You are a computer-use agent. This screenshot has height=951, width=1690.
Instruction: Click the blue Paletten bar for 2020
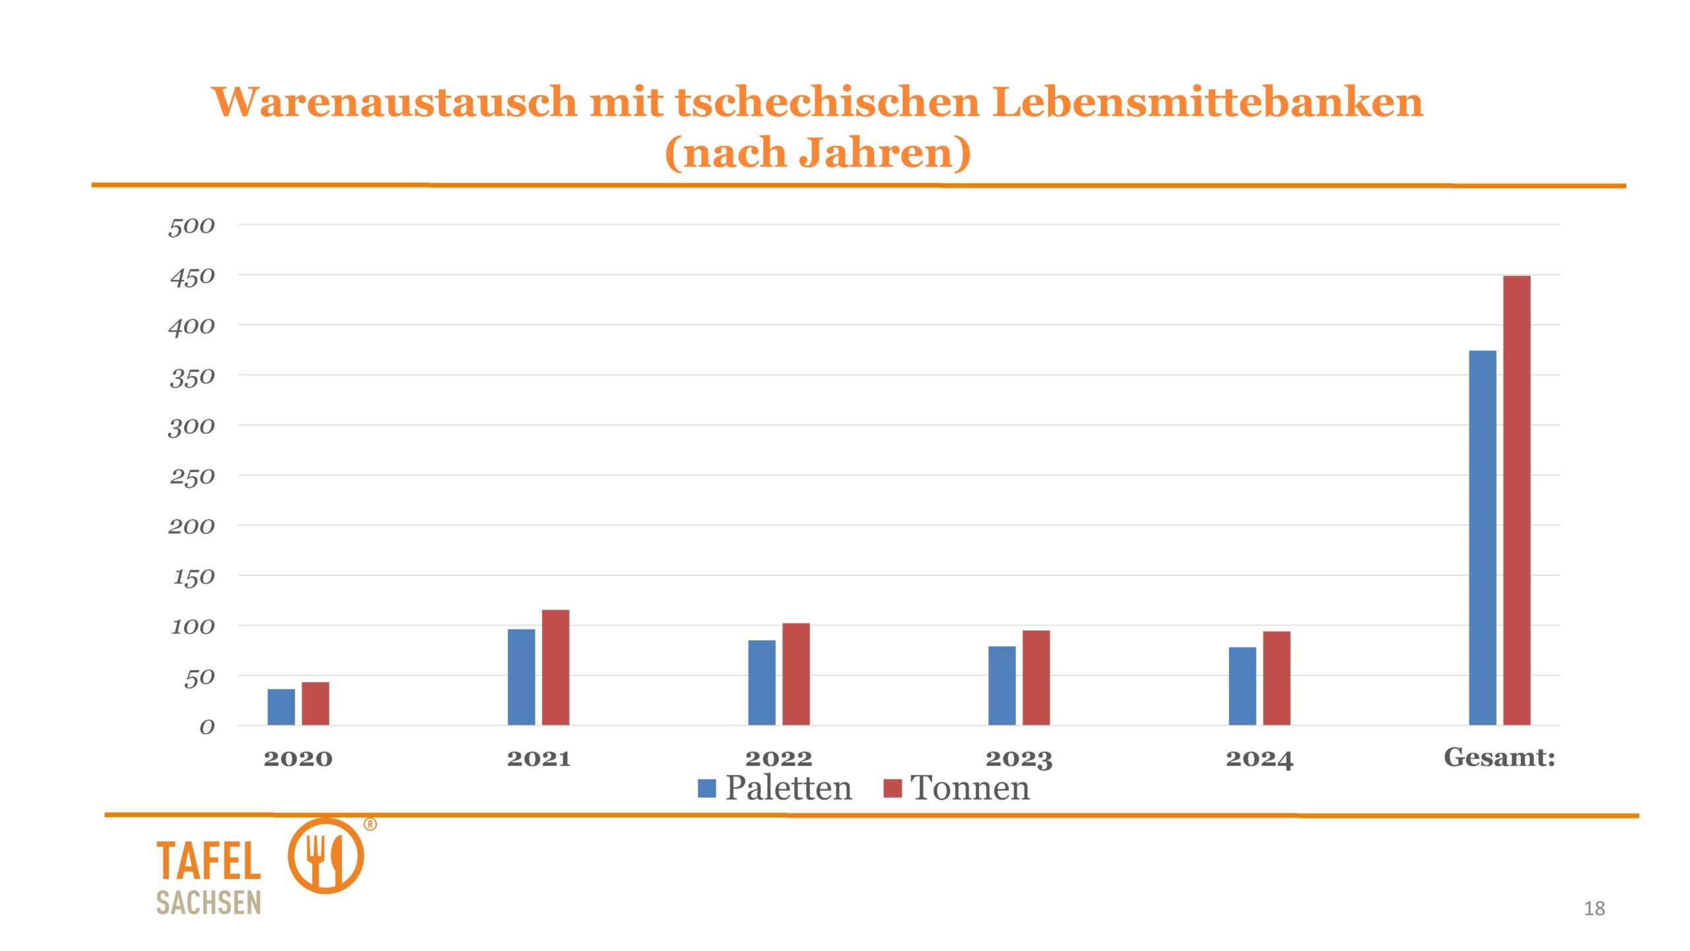pyautogui.click(x=281, y=707)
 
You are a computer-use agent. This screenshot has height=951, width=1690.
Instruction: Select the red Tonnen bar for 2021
pyautogui.click(x=555, y=668)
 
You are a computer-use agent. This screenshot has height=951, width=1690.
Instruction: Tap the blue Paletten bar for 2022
pyautogui.click(x=761, y=683)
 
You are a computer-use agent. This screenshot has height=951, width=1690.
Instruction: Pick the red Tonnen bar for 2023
pyautogui.click(x=1036, y=678)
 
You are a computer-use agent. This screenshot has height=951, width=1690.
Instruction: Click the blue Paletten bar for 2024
pyautogui.click(x=1242, y=686)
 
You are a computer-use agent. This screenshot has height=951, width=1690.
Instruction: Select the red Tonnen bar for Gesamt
pyautogui.click(x=1516, y=501)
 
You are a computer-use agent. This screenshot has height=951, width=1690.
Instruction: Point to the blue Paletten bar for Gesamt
pyautogui.click(x=1482, y=538)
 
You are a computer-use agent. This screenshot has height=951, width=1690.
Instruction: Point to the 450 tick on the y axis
pyautogui.click(x=192, y=277)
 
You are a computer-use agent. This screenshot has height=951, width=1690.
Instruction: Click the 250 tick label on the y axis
pyautogui.click(x=192, y=477)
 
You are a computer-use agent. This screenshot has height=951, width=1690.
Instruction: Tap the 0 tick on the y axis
pyautogui.click(x=207, y=727)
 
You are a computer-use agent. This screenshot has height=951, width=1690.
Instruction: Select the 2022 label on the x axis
pyautogui.click(x=778, y=759)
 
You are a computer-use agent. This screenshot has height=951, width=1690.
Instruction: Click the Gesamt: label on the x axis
pyautogui.click(x=1499, y=757)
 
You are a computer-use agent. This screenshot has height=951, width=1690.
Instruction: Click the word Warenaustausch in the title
pyautogui.click(x=394, y=102)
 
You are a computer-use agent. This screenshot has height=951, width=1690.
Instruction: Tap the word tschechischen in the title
pyautogui.click(x=827, y=102)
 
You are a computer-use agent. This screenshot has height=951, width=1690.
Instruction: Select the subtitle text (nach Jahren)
pyautogui.click(x=817, y=153)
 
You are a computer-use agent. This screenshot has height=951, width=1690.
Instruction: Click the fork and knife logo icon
pyautogui.click(x=325, y=856)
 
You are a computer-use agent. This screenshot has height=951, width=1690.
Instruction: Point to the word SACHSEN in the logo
pyautogui.click(x=209, y=903)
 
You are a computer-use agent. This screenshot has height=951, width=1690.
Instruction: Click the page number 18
pyautogui.click(x=1594, y=909)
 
